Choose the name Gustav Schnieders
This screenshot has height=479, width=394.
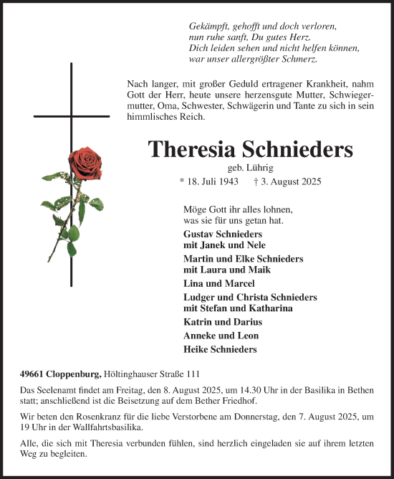(223, 234)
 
